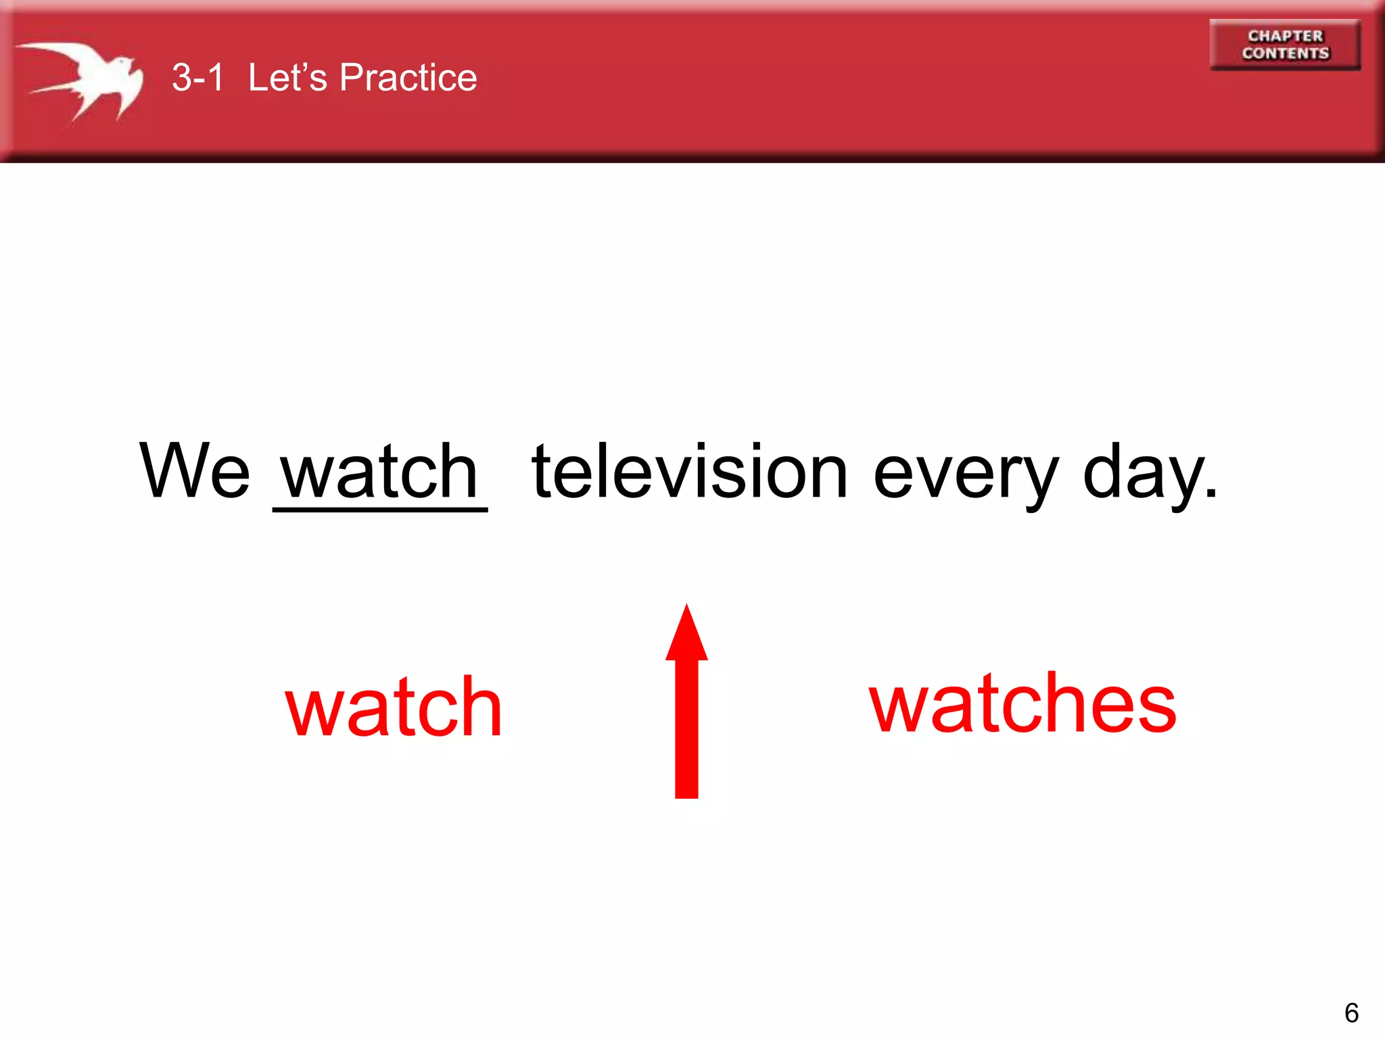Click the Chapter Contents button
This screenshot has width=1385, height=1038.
pos(1284,45)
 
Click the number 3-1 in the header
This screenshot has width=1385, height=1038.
pos(197,77)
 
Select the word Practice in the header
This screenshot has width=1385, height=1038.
pos(408,77)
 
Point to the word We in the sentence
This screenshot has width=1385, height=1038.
pos(194,470)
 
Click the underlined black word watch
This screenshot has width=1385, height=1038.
pos(379,472)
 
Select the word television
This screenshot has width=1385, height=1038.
pos(689,472)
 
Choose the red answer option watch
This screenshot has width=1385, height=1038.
pos(394,707)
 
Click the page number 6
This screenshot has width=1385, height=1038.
pos(1351,1013)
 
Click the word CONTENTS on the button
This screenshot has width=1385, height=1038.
pos(1285,53)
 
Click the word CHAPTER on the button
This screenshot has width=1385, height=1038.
pos(1285,36)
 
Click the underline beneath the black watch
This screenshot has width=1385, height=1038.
pos(379,510)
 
